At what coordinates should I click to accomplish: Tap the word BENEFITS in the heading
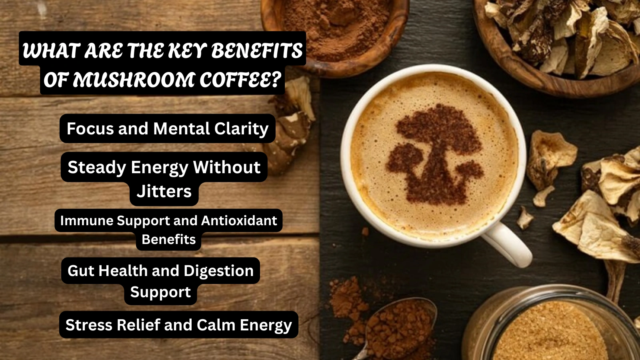[x=257, y=51]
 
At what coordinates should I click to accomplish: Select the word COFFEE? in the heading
[x=240, y=80]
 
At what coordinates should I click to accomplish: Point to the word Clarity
[x=241, y=129]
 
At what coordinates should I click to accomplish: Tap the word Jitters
[x=164, y=192]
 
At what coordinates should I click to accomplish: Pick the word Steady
[x=97, y=167]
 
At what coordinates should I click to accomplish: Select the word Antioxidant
[x=239, y=220]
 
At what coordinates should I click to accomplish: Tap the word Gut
[x=81, y=271]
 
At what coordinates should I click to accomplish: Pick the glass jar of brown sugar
[x=552, y=328]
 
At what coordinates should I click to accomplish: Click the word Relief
[x=138, y=325]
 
